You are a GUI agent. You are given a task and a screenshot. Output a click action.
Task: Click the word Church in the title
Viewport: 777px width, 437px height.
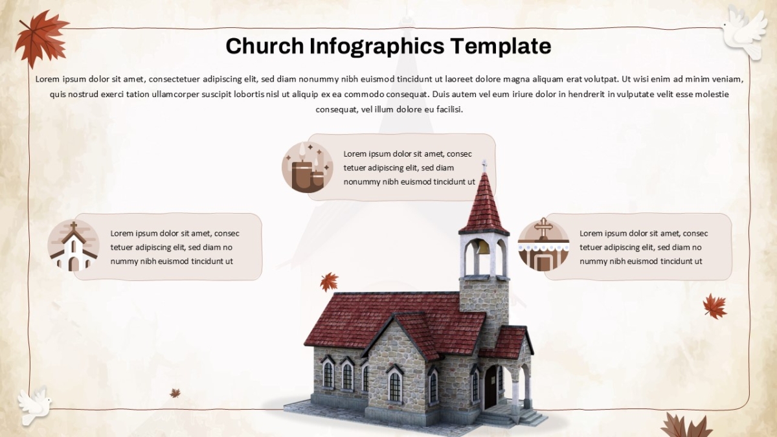pyautogui.click(x=265, y=46)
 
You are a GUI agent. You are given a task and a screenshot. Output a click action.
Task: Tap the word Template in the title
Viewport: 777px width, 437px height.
pyautogui.click(x=501, y=47)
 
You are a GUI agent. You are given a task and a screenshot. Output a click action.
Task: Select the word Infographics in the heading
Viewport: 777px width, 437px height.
pyautogui.click(x=377, y=47)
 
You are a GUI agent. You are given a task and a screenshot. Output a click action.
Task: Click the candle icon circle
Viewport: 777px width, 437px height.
pyautogui.click(x=308, y=167)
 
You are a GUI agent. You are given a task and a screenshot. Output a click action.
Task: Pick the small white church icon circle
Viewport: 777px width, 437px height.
pyautogui.click(x=74, y=245)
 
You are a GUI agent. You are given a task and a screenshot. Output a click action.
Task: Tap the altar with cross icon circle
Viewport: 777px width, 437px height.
pyautogui.click(x=543, y=245)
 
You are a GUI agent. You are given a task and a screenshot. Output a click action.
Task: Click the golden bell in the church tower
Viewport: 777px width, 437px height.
pyautogui.click(x=482, y=248)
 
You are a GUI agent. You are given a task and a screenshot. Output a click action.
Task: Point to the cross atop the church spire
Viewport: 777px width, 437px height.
pyautogui.click(x=484, y=166)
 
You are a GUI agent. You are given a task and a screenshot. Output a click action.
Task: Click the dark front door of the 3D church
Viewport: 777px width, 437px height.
pyautogui.click(x=490, y=387)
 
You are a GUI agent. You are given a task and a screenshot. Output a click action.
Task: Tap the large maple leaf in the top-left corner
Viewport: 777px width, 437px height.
pyautogui.click(x=41, y=38)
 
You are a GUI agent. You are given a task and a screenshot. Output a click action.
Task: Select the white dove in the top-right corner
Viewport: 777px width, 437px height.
pyautogui.click(x=745, y=31)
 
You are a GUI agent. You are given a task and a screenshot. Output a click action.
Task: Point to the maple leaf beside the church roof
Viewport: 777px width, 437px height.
pyautogui.click(x=329, y=282)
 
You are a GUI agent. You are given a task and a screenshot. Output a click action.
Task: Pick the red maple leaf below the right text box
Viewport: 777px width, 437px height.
pyautogui.click(x=715, y=306)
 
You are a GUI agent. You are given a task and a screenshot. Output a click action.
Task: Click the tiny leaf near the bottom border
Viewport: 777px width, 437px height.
pyautogui.click(x=175, y=393)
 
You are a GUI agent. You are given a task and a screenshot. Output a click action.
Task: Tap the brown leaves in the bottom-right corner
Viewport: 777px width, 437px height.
pyautogui.click(x=686, y=425)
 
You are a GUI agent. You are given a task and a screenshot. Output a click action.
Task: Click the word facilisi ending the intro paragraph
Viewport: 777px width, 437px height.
pyautogui.click(x=449, y=109)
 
